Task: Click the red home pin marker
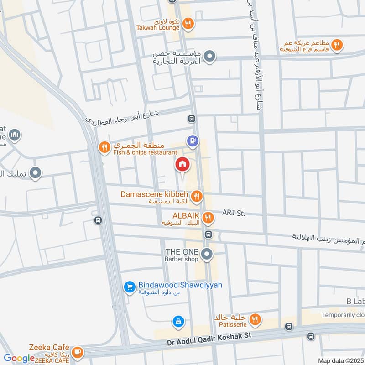[x=182, y=165]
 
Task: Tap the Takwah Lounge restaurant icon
[x=188, y=22]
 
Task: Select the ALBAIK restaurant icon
[x=208, y=218]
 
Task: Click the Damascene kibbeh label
[x=155, y=195]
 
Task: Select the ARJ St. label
[x=234, y=213]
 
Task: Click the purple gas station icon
[x=193, y=141]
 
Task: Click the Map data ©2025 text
[x=340, y=360]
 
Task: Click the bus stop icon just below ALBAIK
[x=208, y=235]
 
